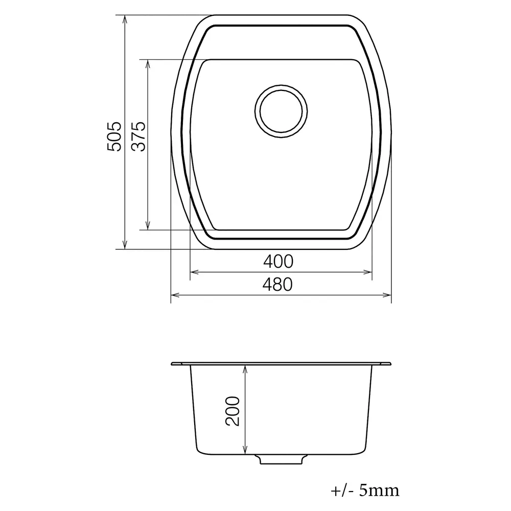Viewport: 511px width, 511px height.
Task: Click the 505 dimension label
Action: tap(114, 136)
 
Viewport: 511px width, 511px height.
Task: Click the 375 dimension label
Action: tap(138, 136)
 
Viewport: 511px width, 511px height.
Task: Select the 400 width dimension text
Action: tap(278, 261)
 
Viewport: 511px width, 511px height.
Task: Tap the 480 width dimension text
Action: tap(277, 285)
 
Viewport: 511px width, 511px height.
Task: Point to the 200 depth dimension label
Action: tap(233, 411)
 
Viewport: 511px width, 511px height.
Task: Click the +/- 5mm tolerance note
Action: tap(365, 490)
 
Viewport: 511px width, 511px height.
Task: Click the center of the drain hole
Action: tap(281, 111)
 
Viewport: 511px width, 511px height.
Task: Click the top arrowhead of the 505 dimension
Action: tap(125, 19)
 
